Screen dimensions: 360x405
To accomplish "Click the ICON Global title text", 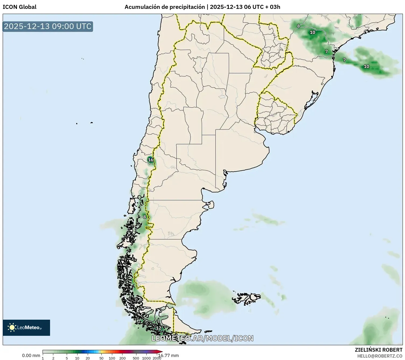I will pyautogui.click(x=19, y=7).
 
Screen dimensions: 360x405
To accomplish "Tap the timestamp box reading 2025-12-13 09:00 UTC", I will pyautogui.click(x=48, y=26).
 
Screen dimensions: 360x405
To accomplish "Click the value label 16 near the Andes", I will pyautogui.click(x=151, y=160).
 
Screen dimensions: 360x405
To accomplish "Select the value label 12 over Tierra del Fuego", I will pyautogui.click(x=159, y=328).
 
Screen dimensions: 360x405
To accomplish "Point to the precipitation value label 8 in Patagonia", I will pyautogui.click(x=145, y=217).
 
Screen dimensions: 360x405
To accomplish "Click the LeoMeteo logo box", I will pyautogui.click(x=26, y=327).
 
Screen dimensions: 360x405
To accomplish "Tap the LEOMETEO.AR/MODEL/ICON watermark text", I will pyautogui.click(x=202, y=338).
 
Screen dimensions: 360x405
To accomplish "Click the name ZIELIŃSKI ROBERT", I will pyautogui.click(x=378, y=350).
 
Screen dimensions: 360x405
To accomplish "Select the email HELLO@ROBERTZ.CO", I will pyautogui.click(x=379, y=356).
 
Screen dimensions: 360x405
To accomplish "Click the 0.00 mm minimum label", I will pyautogui.click(x=31, y=355).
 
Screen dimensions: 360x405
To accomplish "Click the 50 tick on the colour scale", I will pyautogui.click(x=101, y=358).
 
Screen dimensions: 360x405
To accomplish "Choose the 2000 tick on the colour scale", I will pyautogui.click(x=157, y=358).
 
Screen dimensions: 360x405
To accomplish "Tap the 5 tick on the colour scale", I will pyautogui.click(x=67, y=358).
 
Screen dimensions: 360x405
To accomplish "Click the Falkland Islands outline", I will pyautogui.click(x=246, y=298).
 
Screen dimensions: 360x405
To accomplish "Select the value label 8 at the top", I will pyautogui.click(x=298, y=26).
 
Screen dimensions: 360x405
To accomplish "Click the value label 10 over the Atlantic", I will pyautogui.click(x=367, y=66).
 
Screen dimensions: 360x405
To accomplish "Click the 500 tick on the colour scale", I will pyautogui.click(x=136, y=358).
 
